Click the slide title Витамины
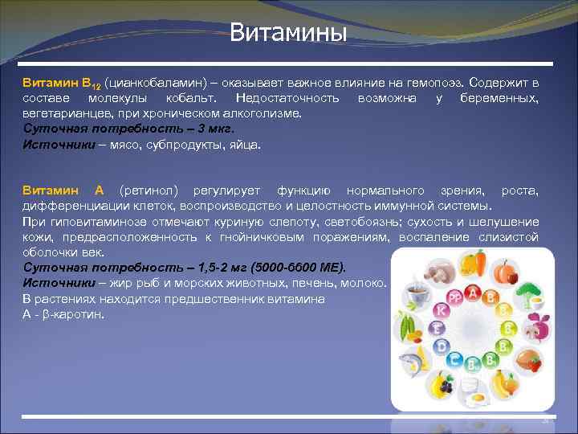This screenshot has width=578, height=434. click(x=288, y=33)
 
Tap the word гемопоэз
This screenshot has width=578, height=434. click(x=434, y=84)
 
